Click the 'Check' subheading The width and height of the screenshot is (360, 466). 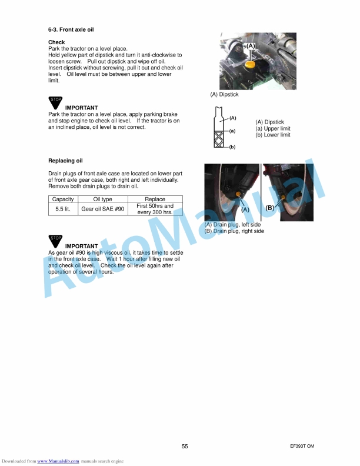point(56,42)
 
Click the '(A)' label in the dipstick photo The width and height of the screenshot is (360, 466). point(251,45)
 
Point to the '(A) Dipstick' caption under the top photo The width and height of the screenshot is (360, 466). point(224,94)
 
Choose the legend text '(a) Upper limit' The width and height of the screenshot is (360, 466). point(272,128)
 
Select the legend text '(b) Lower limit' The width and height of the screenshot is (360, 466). point(272,135)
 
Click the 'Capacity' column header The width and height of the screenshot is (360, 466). point(63,199)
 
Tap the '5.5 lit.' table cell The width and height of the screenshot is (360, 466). point(63,209)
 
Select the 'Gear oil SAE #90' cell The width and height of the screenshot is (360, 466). point(103,209)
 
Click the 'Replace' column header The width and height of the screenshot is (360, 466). point(155,199)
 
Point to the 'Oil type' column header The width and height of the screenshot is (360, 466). point(103,199)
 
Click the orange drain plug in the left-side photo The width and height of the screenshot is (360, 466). point(237,194)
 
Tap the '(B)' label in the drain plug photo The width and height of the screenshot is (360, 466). point(270,208)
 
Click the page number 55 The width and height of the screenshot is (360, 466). point(185,447)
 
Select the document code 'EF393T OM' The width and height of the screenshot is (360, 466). point(302,447)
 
